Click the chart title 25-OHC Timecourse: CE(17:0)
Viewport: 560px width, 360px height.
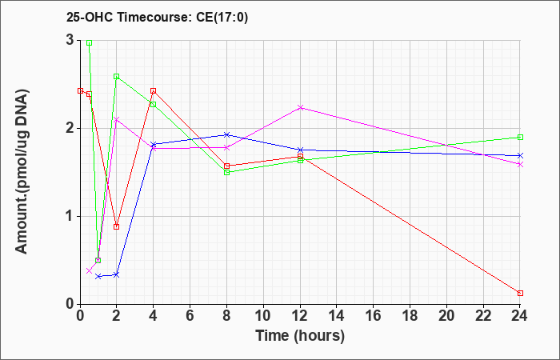(x=157, y=17)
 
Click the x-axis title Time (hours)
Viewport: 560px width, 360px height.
(x=300, y=336)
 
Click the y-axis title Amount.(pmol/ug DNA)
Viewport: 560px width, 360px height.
(x=22, y=172)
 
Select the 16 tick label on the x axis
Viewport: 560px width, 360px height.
(x=374, y=316)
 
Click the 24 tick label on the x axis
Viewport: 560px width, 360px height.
(x=520, y=316)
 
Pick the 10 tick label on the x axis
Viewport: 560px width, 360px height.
(x=263, y=316)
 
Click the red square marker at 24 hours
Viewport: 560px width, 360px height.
(x=520, y=294)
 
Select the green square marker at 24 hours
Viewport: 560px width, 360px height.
(x=520, y=137)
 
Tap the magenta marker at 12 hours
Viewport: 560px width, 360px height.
(x=300, y=107)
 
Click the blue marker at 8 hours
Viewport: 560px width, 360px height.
(x=226, y=134)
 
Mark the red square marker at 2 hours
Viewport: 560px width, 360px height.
(x=117, y=226)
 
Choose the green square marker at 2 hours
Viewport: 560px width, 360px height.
(x=117, y=77)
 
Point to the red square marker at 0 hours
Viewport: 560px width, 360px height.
(x=80, y=90)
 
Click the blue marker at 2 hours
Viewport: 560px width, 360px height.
(x=117, y=274)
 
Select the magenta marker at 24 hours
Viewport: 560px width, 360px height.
(x=520, y=164)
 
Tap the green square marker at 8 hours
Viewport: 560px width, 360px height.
(x=226, y=172)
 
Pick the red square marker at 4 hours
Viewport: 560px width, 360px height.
(x=154, y=90)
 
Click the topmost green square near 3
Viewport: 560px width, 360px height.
(x=90, y=42)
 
